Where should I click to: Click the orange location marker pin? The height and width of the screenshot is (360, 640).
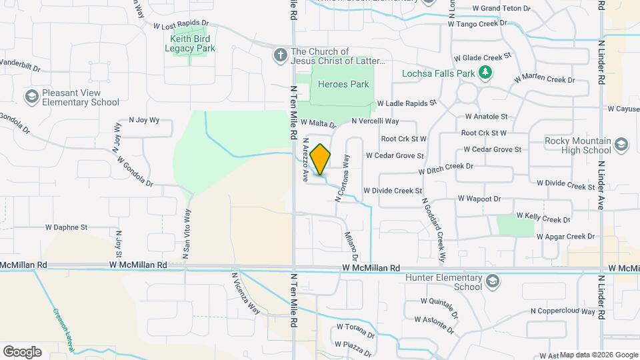tap(321, 159)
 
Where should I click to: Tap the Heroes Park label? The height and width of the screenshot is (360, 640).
tap(343, 85)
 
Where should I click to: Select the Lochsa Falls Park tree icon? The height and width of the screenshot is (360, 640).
tap(487, 72)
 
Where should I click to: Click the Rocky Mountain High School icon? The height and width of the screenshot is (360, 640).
tap(621, 145)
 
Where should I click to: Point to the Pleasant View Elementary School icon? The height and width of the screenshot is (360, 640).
tap(31, 97)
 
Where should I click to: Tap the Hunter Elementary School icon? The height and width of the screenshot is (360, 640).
tap(492, 282)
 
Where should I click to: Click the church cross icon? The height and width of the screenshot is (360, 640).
tap(281, 55)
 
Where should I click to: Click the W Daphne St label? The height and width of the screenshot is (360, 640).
tap(66, 227)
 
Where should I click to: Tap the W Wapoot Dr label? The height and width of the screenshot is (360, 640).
tap(479, 199)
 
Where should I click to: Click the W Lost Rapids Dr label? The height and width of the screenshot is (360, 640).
tap(181, 25)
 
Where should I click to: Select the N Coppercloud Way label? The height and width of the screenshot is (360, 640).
tap(563, 311)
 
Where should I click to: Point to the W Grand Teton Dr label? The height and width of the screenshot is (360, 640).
tap(501, 9)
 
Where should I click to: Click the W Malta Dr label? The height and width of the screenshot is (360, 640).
tap(318, 123)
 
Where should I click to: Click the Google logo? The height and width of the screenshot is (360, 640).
tap(22, 352)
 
